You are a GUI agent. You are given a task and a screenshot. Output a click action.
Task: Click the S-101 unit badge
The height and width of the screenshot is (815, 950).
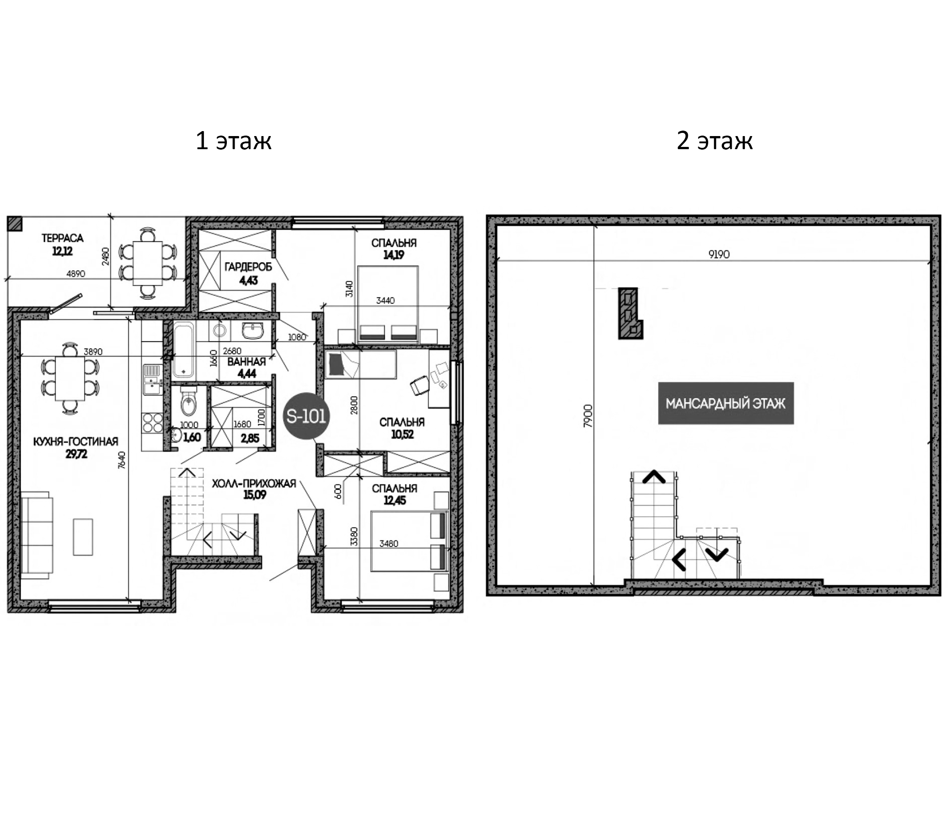tap(306, 416)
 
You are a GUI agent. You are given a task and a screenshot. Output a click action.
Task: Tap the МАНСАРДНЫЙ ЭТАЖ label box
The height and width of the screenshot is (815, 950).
tap(726, 403)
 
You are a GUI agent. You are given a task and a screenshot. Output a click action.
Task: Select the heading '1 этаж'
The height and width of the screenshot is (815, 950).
tap(233, 140)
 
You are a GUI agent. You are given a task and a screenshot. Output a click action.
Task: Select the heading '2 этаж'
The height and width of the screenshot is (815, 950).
tap(715, 140)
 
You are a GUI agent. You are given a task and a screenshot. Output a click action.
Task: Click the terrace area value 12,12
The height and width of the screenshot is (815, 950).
tap(62, 251)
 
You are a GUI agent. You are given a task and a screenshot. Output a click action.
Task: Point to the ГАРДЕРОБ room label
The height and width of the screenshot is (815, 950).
tap(248, 267)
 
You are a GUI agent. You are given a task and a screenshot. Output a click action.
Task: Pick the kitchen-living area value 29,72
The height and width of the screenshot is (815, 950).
tap(76, 454)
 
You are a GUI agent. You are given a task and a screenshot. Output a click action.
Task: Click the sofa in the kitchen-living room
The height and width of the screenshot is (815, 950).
tap(36, 532)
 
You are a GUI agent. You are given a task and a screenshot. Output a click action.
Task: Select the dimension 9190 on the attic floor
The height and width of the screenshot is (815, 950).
tap(719, 254)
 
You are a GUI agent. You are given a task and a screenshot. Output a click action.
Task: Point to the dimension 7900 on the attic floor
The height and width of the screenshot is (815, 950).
tap(588, 416)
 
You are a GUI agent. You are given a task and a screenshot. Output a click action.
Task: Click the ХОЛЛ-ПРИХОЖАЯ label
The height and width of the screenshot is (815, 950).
tap(254, 483)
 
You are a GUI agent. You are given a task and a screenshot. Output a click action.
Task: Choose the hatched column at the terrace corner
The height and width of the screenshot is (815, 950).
tap(14, 223)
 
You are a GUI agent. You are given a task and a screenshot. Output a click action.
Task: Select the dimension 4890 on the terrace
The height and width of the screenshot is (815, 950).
tap(75, 274)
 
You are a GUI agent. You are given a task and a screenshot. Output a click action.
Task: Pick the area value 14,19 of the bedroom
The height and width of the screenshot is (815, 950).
tap(394, 255)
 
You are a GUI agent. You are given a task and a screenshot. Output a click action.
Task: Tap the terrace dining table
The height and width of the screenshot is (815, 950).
tap(148, 263)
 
